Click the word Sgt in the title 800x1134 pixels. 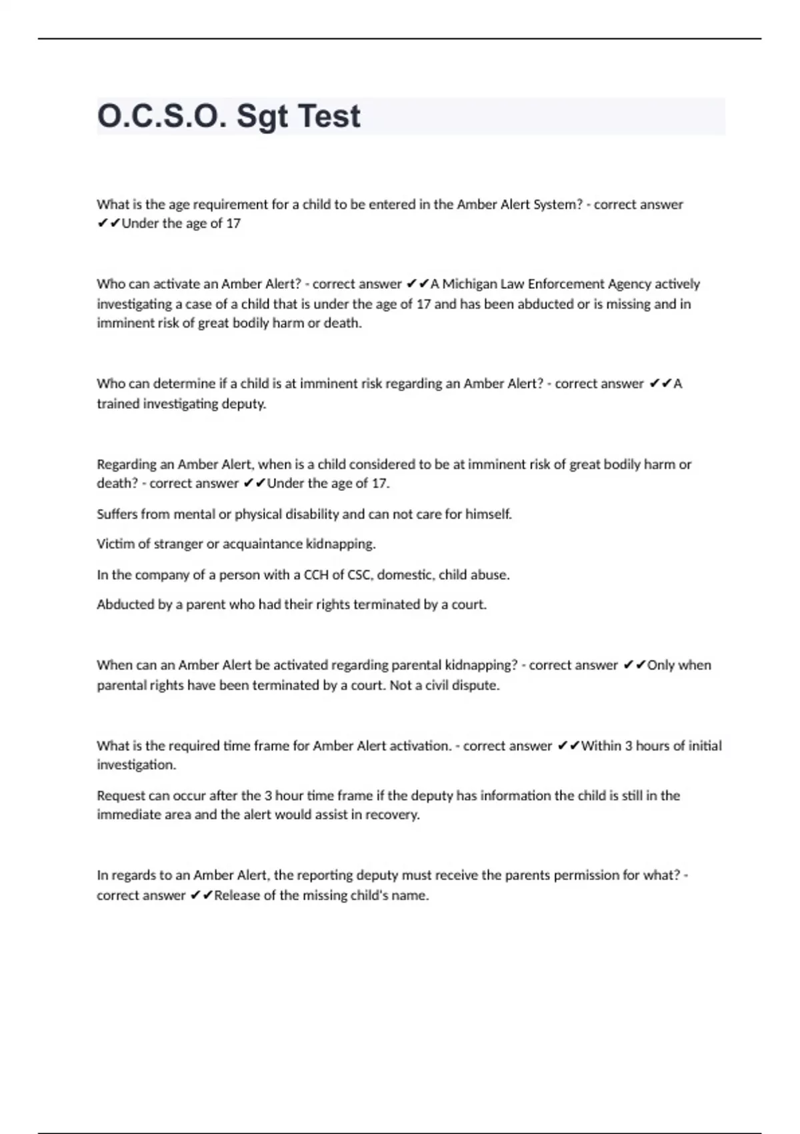262,117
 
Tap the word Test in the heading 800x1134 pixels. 329,116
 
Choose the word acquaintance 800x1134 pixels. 262,544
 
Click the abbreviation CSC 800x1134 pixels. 359,574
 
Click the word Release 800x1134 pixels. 237,895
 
